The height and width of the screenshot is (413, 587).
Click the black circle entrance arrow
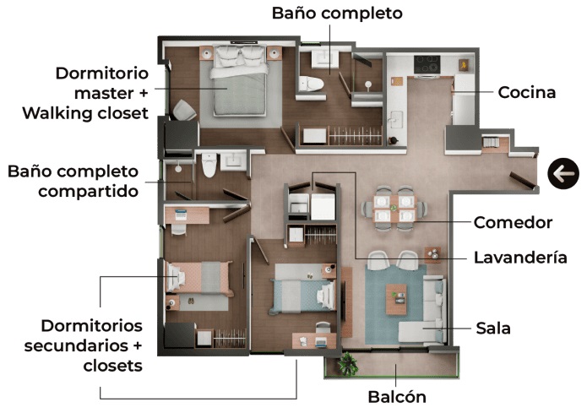pyautogui.click(x=563, y=173)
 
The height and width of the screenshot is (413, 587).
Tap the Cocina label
pyautogui.click(x=527, y=93)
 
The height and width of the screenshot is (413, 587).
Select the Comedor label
pyautogui.click(x=513, y=222)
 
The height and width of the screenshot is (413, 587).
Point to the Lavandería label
pyautogui.click(x=520, y=258)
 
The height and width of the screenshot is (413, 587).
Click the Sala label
pyautogui.click(x=493, y=329)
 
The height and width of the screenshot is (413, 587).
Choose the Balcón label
pyautogui.click(x=397, y=397)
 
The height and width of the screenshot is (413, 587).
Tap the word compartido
pyautogui.click(x=89, y=192)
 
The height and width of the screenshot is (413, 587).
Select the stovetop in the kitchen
pyautogui.click(x=427, y=64)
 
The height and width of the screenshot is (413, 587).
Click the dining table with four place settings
pyautogui.click(x=394, y=209)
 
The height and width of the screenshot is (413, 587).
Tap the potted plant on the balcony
pyautogui.click(x=347, y=362)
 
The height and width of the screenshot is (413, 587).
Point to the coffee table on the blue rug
pyautogui.click(x=396, y=299)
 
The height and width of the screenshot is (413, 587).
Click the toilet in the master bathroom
pyautogui.click(x=311, y=84)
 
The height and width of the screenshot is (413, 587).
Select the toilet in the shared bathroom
pyautogui.click(x=209, y=165)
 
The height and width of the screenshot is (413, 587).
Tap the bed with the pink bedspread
pyautogui.click(x=198, y=277)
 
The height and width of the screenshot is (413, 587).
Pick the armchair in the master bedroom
pyautogui.click(x=184, y=111)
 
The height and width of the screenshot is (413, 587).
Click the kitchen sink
pyautogui.click(x=396, y=118)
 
